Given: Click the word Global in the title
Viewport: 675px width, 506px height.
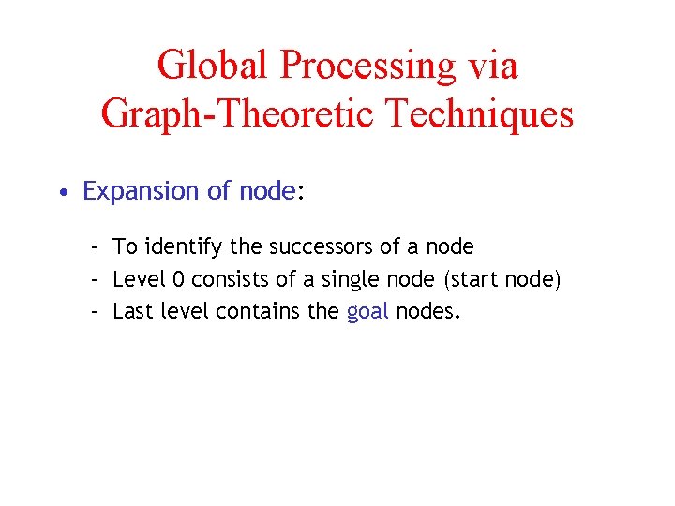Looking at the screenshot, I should (x=213, y=66).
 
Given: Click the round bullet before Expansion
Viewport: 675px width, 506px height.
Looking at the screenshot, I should (x=61, y=193).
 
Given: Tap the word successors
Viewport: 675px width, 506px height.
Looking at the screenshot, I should (x=322, y=247).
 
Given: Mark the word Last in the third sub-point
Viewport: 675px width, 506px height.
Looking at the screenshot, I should (x=130, y=310).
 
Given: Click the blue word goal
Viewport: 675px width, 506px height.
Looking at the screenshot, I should (x=367, y=311).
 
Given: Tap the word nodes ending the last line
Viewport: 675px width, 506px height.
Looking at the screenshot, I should (x=427, y=310).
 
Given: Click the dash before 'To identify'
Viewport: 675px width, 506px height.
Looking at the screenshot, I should (x=95, y=248).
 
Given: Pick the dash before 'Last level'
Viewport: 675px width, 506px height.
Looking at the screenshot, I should (x=95, y=311).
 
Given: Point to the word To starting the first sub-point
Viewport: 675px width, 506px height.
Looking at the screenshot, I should (x=125, y=247).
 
